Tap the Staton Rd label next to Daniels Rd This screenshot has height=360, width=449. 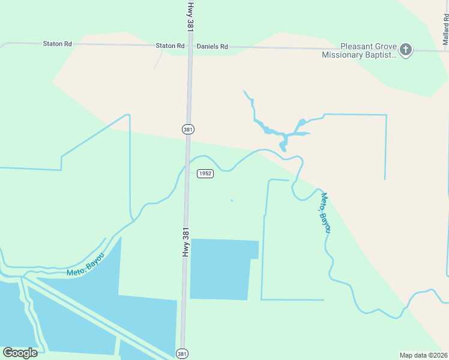170,46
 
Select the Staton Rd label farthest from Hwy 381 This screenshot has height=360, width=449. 57,44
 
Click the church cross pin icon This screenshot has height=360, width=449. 406,49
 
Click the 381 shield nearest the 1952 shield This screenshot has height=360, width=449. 188,129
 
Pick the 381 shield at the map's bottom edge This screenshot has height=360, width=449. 182,354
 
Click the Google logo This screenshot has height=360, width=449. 20,353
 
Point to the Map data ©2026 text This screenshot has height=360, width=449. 423,355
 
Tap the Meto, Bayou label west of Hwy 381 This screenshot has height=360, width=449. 86,265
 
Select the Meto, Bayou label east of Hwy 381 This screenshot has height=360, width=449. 325,212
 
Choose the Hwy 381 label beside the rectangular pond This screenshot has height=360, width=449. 185,243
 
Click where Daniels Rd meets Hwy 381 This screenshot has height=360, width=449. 190,47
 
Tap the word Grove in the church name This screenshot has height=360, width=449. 388,46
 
